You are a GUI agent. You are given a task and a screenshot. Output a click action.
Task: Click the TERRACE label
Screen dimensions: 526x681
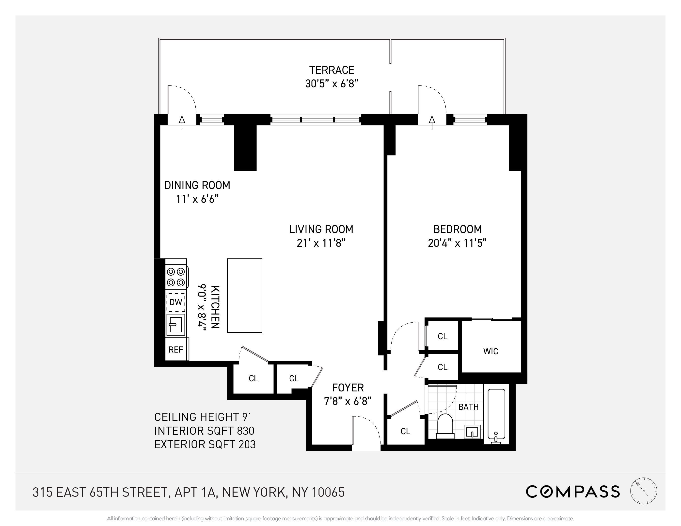(332, 70)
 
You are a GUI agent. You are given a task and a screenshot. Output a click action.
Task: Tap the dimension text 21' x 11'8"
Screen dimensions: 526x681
(321, 243)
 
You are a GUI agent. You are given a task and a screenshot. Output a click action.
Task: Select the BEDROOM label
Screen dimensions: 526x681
(457, 229)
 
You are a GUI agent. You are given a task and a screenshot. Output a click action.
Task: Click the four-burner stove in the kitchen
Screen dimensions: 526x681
(176, 277)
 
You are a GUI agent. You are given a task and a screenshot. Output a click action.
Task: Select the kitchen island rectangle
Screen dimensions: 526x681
(244, 296)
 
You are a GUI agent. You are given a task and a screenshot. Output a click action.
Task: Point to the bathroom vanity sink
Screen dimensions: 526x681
(472, 432)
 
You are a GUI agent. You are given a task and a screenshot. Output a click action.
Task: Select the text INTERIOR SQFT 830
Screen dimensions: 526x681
(204, 431)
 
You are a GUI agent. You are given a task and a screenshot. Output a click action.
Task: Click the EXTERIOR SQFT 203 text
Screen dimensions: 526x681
(205, 444)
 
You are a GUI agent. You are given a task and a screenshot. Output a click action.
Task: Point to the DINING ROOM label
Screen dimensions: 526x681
(197, 185)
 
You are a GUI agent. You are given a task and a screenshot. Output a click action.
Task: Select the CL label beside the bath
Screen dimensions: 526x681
(405, 431)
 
